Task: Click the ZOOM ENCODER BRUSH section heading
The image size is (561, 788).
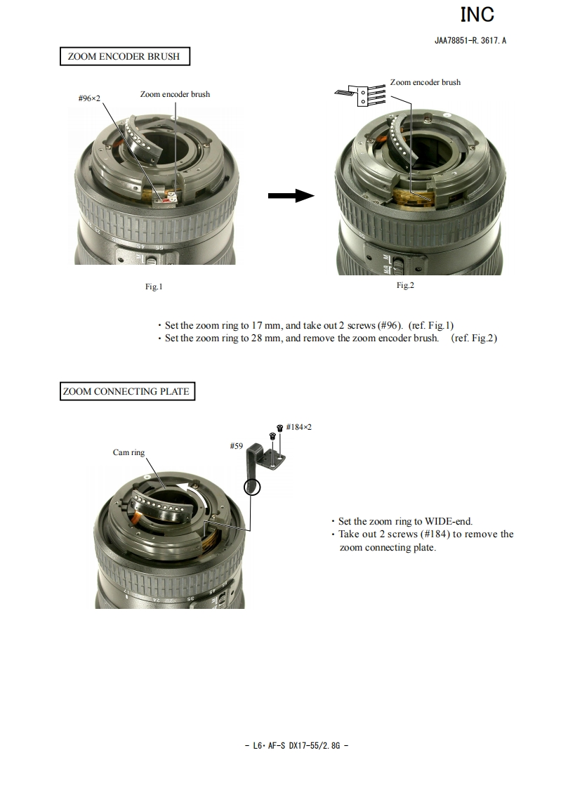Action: click(124, 56)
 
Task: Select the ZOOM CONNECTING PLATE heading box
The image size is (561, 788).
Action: click(127, 391)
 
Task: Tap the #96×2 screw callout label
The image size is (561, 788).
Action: click(89, 98)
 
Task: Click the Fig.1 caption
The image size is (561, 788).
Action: click(154, 287)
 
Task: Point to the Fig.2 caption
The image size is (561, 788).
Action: click(405, 285)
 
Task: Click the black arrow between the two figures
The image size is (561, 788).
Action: click(291, 195)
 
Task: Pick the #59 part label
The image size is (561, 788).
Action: click(236, 446)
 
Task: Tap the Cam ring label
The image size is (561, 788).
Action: click(128, 452)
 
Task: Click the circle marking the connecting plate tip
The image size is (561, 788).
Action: click(252, 487)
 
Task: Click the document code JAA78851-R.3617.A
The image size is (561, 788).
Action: click(470, 41)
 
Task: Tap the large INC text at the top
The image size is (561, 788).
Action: click(477, 15)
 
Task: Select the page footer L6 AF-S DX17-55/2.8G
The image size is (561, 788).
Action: click(296, 746)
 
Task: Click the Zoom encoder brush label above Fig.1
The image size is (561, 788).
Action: click(175, 94)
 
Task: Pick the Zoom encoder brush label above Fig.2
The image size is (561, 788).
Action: click(425, 82)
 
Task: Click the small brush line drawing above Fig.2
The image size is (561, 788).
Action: click(360, 95)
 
